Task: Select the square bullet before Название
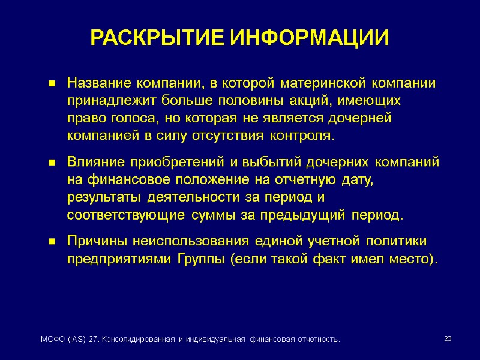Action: [x=53, y=83]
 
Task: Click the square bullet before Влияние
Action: [x=53, y=163]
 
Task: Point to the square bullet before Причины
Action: [x=53, y=242]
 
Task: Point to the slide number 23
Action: [x=448, y=340]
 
